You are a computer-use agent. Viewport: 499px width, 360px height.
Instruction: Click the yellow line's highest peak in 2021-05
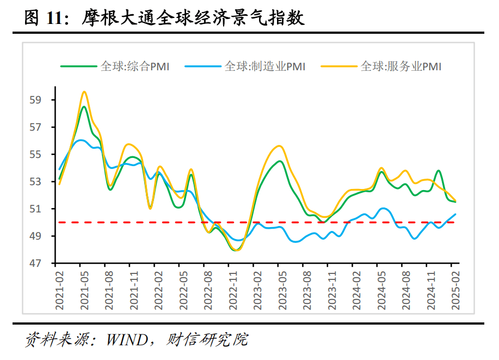pyautogui.click(x=84, y=91)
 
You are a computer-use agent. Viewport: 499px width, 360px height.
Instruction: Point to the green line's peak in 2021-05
pyautogui.click(x=84, y=107)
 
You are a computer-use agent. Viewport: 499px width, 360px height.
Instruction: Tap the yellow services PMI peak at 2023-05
pyautogui.click(x=279, y=145)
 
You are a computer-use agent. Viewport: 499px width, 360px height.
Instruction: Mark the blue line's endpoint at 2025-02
pyautogui.click(x=455, y=214)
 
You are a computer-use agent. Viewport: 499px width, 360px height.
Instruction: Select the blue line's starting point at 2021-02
pyautogui.click(x=59, y=169)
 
